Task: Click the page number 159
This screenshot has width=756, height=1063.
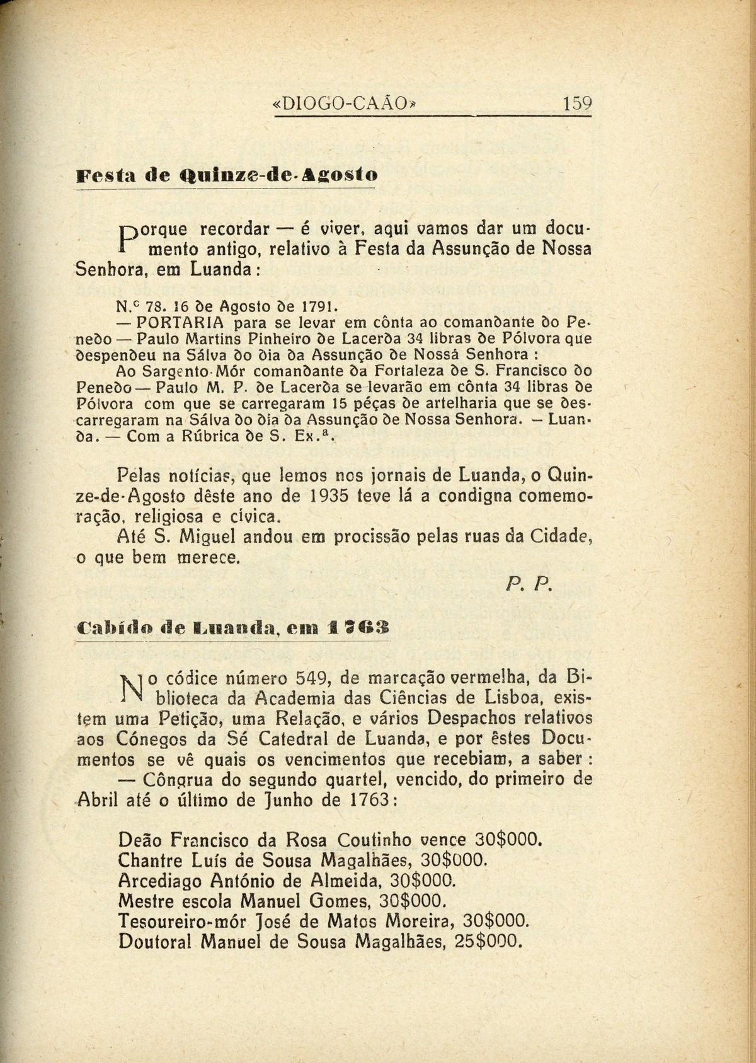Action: pyautogui.click(x=577, y=103)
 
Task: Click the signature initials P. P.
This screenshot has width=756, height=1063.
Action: pyautogui.click(x=529, y=586)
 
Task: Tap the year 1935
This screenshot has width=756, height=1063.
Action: pyautogui.click(x=329, y=496)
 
